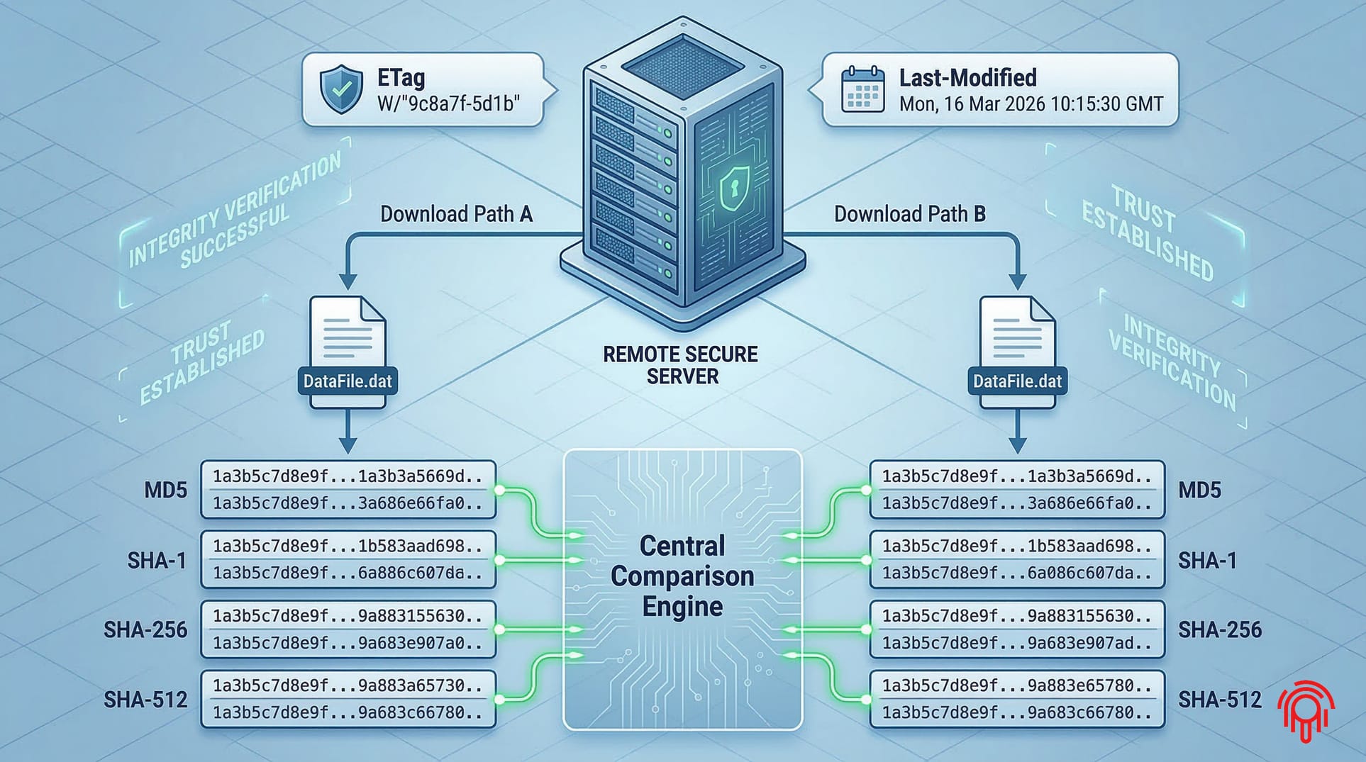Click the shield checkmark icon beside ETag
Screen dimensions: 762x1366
click(341, 90)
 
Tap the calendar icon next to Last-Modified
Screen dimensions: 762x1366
click(862, 90)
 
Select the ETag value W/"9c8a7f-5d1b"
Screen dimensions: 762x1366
click(448, 104)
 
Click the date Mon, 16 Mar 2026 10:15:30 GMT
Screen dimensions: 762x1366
click(1031, 104)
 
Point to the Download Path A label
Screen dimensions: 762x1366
click(456, 214)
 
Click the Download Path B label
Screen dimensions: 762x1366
click(909, 214)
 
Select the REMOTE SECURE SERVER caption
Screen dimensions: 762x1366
click(681, 365)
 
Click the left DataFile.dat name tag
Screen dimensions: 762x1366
click(348, 381)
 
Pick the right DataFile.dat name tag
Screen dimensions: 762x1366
click(1017, 381)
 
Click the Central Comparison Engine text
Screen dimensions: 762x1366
click(682, 576)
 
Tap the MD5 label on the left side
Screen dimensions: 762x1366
click(165, 490)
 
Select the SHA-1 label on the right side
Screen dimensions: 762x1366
click(1207, 561)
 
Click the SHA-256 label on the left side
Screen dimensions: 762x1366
click(145, 629)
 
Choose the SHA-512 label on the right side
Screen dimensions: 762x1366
click(1219, 700)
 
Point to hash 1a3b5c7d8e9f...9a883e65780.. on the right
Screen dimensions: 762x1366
click(1016, 685)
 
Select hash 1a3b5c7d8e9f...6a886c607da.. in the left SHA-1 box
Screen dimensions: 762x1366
click(348, 573)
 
